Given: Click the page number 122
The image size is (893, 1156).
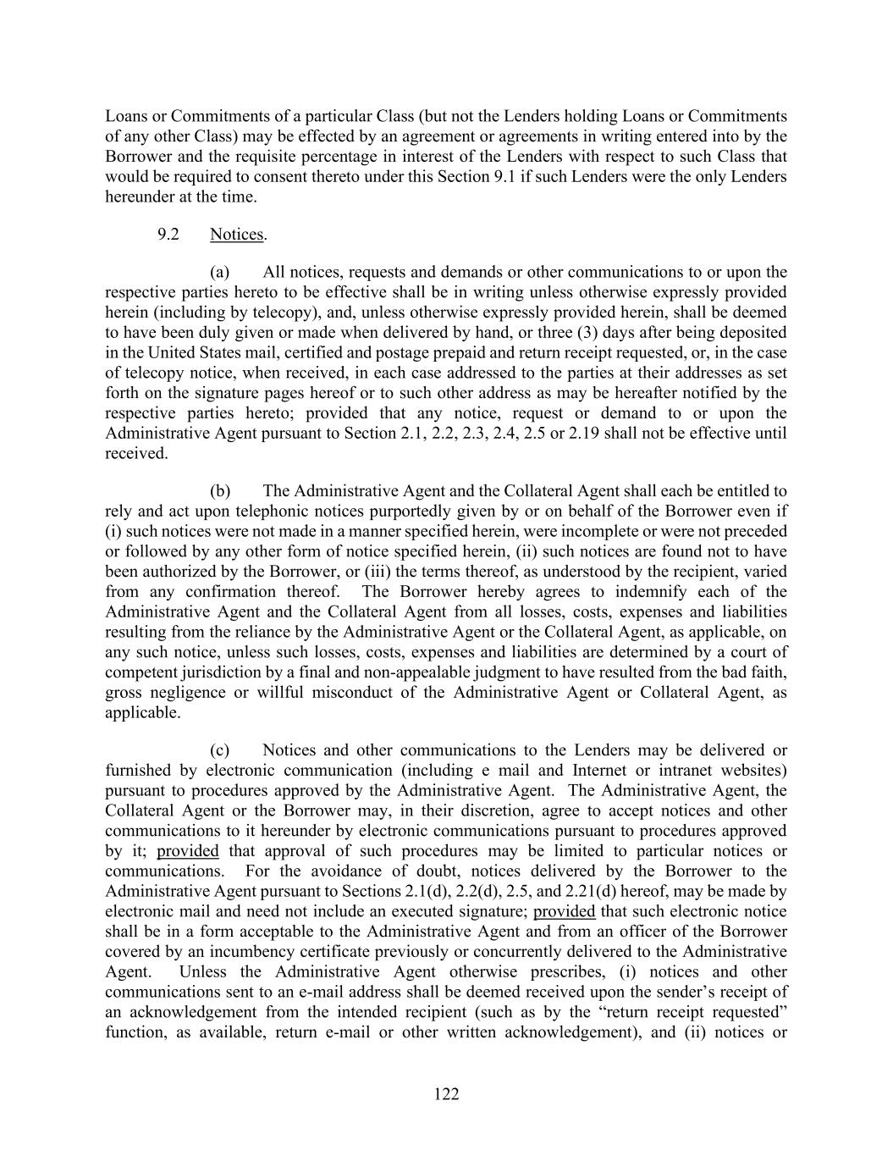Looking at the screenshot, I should pos(446,1094).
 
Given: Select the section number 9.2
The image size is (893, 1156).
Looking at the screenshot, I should pos(168,235).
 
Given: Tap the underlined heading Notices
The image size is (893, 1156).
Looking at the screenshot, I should pos(236,235).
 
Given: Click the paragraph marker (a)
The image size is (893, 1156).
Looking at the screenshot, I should pos(220,272).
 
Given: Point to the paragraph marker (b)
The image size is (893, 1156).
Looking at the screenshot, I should pos(220,490).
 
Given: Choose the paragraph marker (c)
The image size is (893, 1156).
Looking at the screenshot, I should pos(220,749).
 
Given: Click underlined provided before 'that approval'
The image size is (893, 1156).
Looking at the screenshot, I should pos(188,851).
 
